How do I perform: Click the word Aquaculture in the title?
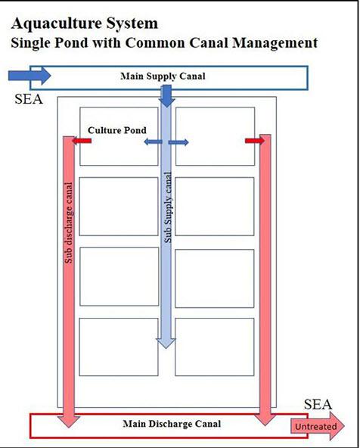[x=57, y=23]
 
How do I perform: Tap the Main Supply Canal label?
[x=163, y=76]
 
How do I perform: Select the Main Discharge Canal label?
[x=172, y=424]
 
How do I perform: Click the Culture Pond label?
[x=117, y=130]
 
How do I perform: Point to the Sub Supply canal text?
[x=168, y=207]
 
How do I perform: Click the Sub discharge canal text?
[x=69, y=222]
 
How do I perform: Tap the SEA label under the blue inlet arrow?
[x=29, y=99]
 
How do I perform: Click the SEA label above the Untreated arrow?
[x=318, y=404]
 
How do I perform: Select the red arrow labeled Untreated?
[x=318, y=426]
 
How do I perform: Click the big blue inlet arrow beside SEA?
[x=29, y=76]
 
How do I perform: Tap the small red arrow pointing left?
[x=82, y=141]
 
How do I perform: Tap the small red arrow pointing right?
[x=255, y=141]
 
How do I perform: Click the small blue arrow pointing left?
[x=153, y=142]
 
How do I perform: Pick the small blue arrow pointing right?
[x=178, y=142]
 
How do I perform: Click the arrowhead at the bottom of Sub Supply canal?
[x=166, y=343]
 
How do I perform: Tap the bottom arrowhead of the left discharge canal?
[x=69, y=422]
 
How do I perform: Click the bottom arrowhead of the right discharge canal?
[x=265, y=420]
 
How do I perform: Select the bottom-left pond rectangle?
[x=119, y=347]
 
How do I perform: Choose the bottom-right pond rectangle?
[x=214, y=347]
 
